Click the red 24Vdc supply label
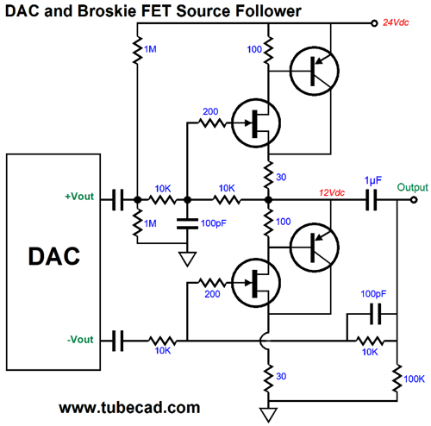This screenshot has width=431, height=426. [396, 22]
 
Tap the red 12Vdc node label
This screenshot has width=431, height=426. [332, 192]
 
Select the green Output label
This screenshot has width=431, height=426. [412, 187]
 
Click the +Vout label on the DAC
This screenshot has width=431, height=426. [79, 197]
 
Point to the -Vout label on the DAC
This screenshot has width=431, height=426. [80, 340]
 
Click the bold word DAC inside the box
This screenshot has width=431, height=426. [53, 256]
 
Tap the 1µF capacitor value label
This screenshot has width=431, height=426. [373, 181]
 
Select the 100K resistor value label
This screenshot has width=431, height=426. [414, 379]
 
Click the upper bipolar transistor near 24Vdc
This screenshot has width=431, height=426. [315, 71]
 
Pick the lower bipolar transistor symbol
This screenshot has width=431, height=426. [315, 247]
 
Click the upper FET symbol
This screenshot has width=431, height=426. [256, 123]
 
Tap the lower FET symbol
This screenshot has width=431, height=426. [256, 283]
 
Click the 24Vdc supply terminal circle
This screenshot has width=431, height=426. [374, 23]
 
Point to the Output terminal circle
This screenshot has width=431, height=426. [414, 199]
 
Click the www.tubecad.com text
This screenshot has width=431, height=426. [129, 408]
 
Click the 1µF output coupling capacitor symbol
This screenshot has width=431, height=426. [371, 199]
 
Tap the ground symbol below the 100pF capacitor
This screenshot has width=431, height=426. [187, 259]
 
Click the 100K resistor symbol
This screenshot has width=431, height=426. [397, 379]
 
